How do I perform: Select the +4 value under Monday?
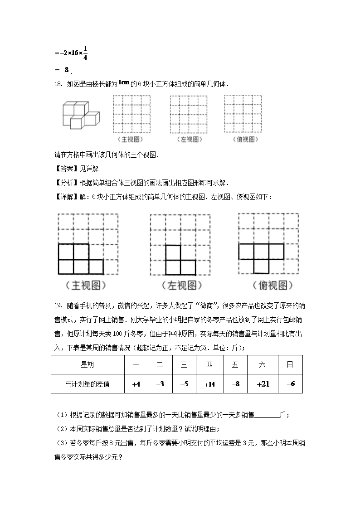pyautogui.click(x=136, y=384)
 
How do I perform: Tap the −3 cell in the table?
pyautogui.click(x=160, y=384)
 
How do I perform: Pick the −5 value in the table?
pyautogui.click(x=184, y=384)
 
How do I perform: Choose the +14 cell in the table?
pyautogui.click(x=209, y=384)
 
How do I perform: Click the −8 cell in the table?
pyautogui.click(x=235, y=384)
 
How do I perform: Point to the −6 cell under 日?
pyautogui.click(x=291, y=384)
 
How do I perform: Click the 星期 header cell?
pyautogui.click(x=88, y=365)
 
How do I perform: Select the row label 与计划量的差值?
pyautogui.click(x=88, y=384)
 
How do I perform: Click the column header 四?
pyautogui.click(x=209, y=365)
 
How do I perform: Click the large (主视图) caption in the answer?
pyautogui.click(x=86, y=286)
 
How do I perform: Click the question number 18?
pyautogui.click(x=58, y=84)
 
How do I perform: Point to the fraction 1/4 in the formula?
pyautogui.click(x=85, y=53)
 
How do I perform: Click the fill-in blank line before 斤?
pyautogui.click(x=268, y=415)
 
